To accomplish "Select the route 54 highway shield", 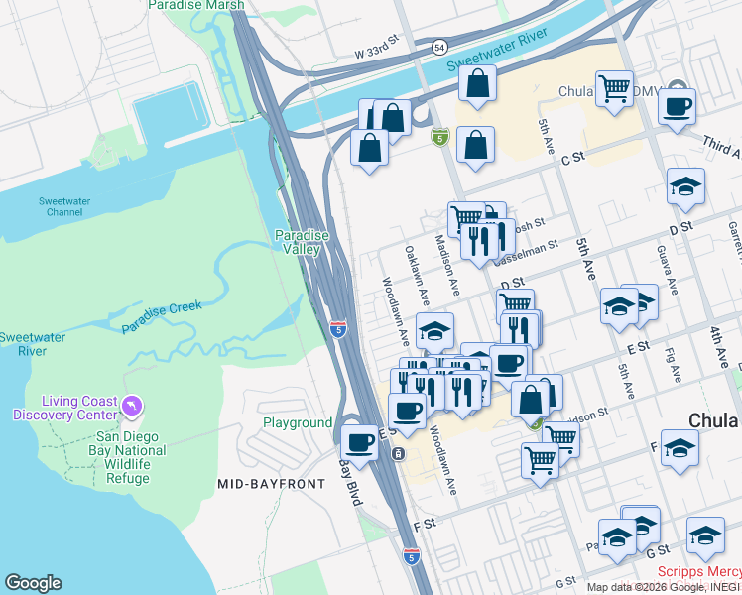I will (437, 47).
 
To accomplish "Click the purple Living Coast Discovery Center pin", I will (133, 407).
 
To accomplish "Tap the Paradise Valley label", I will (302, 242).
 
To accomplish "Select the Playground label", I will (298, 422).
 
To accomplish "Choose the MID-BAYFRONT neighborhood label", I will (271, 484).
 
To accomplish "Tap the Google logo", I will (33, 583).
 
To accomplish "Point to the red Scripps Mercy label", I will (698, 572).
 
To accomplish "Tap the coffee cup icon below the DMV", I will (677, 107).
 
